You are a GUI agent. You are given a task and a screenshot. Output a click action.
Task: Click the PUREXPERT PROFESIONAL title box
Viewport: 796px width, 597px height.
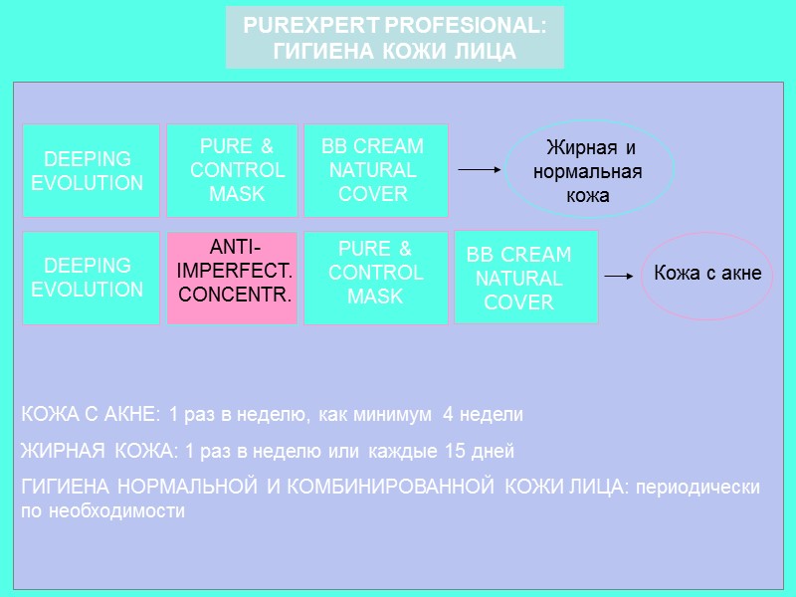click(x=395, y=38)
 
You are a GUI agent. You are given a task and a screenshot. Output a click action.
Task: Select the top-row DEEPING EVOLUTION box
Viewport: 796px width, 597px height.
click(x=91, y=170)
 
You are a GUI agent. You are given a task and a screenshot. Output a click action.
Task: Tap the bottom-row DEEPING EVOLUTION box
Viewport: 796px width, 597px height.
click(x=91, y=278)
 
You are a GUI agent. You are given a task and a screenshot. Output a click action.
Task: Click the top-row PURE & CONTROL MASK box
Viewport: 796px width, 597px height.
click(x=232, y=170)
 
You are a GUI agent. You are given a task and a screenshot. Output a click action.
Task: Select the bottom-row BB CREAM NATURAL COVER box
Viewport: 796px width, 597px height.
click(x=525, y=278)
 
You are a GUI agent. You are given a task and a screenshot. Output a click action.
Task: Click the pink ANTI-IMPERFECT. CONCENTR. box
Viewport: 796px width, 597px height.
click(x=232, y=278)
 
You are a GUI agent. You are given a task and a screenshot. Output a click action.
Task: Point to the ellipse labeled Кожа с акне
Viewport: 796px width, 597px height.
click(x=707, y=276)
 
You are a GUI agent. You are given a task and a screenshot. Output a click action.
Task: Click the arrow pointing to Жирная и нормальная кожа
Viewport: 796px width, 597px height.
click(x=479, y=170)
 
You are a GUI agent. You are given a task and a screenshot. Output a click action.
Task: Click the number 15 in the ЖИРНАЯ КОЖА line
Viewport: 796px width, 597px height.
click(x=455, y=451)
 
